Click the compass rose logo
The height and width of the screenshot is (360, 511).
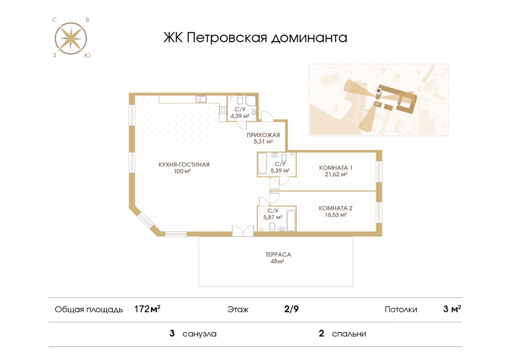[71, 38]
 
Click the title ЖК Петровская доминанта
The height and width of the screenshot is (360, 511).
[255, 38]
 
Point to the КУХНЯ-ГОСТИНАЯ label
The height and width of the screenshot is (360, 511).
[184, 164]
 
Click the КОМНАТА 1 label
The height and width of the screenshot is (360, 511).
[335, 168]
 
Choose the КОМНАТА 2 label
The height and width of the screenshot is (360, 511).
[335, 208]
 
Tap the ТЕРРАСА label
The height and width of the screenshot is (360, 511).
[278, 254]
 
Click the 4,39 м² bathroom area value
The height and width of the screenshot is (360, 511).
[240, 116]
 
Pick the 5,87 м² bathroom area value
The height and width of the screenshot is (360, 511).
[273, 217]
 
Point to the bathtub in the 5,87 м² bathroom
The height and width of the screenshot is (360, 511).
[291, 220]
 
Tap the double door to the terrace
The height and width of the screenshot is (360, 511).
[243, 232]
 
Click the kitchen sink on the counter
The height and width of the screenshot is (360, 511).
[201, 99]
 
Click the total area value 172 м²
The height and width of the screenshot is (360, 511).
[147, 309]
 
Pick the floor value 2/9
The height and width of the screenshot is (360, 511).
[291, 309]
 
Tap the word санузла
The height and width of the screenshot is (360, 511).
[199, 334]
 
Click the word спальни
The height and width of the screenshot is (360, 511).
[349, 334]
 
